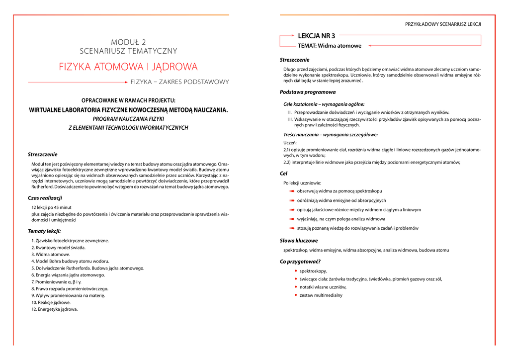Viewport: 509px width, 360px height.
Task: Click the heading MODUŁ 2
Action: tap(128, 42)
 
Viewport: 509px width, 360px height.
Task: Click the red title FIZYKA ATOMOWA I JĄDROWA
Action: tap(128, 67)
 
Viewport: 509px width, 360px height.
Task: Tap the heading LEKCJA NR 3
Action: tap(316, 36)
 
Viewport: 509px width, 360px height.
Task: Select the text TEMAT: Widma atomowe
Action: tap(330, 46)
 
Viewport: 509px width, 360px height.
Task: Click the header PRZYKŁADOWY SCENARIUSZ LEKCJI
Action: tap(443, 24)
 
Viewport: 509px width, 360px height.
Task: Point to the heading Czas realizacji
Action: tap(45, 198)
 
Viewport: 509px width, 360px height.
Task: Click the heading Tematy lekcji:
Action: tap(44, 231)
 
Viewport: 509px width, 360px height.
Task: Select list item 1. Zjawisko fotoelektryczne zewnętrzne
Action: tap(70, 241)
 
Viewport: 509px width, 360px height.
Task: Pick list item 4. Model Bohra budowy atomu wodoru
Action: tap(70, 261)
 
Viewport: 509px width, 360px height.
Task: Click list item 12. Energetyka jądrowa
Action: tap(55, 309)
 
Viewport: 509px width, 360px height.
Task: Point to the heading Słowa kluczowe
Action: tap(299, 241)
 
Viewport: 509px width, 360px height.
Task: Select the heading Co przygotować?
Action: tap(300, 262)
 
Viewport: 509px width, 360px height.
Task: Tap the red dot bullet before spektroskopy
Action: tap(295, 271)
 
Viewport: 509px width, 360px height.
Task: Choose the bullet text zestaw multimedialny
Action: tap(321, 295)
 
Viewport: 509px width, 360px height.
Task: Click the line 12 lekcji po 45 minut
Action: tap(51, 207)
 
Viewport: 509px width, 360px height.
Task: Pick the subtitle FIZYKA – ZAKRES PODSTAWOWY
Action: tap(179, 82)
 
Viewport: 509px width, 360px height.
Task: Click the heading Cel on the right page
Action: tap(284, 174)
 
